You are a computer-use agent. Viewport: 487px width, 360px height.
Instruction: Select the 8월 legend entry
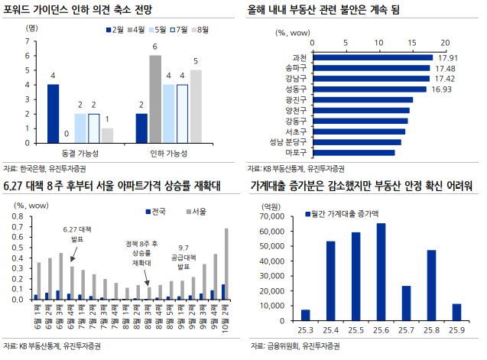201,30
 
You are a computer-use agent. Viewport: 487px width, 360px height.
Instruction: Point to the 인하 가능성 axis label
167,154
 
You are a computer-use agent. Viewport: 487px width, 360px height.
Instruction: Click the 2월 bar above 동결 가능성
53,113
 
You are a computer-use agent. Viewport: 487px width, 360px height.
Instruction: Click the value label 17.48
445,68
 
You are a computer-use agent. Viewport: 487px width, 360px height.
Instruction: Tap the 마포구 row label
297,152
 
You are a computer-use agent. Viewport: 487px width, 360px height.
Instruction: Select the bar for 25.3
305,316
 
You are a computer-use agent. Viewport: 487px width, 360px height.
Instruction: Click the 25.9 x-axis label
456,329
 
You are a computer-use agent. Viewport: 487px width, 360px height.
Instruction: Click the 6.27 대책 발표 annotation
76,234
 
